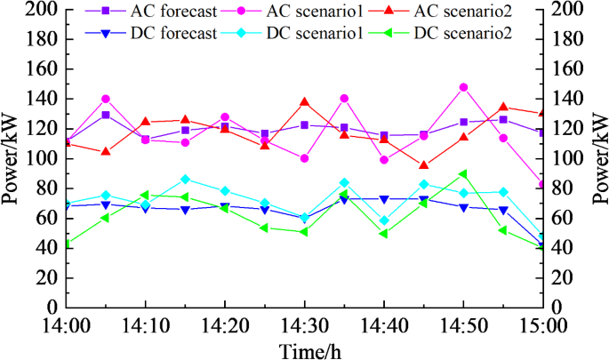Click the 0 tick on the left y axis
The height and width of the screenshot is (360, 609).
pos(54,307)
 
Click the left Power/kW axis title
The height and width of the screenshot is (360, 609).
pos(12,158)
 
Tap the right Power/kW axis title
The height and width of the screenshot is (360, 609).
pos(597,158)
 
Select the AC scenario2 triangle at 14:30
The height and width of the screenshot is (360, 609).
pos(304,102)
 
